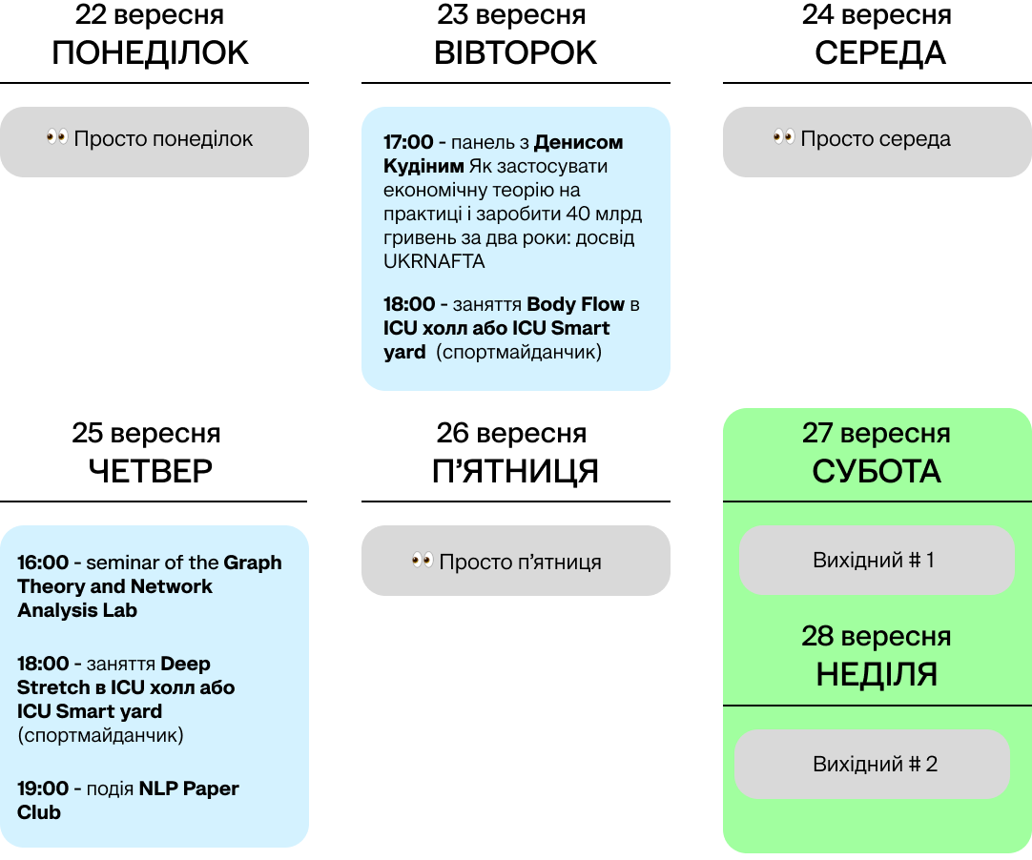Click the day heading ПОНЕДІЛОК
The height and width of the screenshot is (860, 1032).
[151, 53]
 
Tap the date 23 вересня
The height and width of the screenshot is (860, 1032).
[512, 15]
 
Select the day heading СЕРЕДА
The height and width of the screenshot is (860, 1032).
[879, 53]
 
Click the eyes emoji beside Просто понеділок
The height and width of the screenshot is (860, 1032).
[57, 138]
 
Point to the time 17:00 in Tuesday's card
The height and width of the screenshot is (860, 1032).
[408, 142]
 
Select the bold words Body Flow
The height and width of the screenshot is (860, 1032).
[575, 304]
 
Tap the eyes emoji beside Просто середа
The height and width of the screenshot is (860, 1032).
[784, 138]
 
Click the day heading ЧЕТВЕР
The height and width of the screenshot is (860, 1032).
[151, 471]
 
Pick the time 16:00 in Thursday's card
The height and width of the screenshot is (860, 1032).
[43, 563]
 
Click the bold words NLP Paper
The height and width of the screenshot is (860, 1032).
[189, 788]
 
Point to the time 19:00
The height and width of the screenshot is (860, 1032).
[43, 788]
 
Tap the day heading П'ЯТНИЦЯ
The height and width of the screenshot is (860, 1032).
[516, 471]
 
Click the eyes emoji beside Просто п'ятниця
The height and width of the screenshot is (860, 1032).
[423, 562]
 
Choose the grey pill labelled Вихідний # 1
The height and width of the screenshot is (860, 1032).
[877, 560]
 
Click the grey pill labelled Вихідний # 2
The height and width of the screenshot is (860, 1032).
[872, 764]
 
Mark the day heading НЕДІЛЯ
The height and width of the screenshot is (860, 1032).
[877, 675]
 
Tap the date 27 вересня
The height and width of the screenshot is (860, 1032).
[877, 434]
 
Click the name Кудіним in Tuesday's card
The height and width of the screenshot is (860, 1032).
[420, 166]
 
